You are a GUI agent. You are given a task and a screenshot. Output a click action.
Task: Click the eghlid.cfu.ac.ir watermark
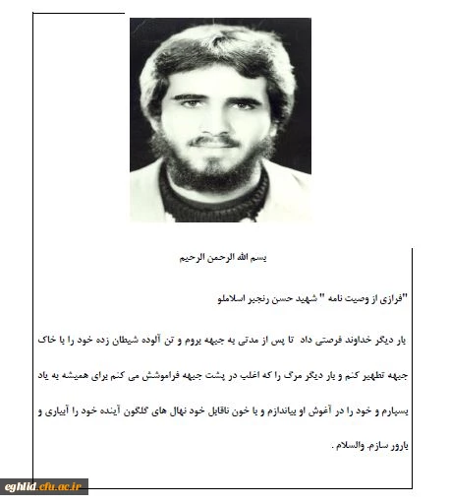(45, 485)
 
